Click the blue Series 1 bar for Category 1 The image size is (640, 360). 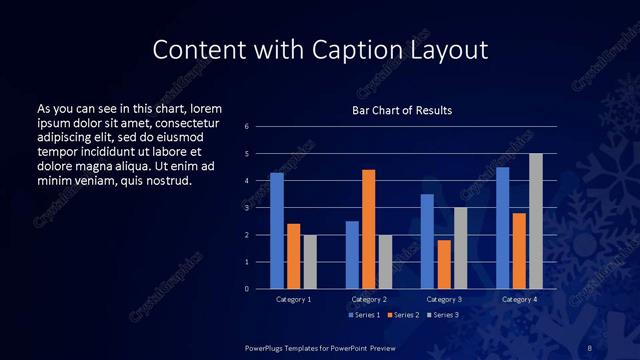pos(277,231)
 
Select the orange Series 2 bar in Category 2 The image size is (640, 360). pos(368,229)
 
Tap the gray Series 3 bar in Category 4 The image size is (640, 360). pos(535,221)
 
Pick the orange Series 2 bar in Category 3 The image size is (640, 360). pos(444,264)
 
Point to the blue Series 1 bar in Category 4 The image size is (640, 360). pos(502,228)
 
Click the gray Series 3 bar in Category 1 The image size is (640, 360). pos(310,261)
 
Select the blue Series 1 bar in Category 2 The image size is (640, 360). pos(352,255)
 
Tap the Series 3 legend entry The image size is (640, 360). pos(443,315)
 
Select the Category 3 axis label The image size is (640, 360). pos(444,299)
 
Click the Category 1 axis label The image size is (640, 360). pos(293,299)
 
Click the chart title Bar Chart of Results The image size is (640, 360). pos(402,110)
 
